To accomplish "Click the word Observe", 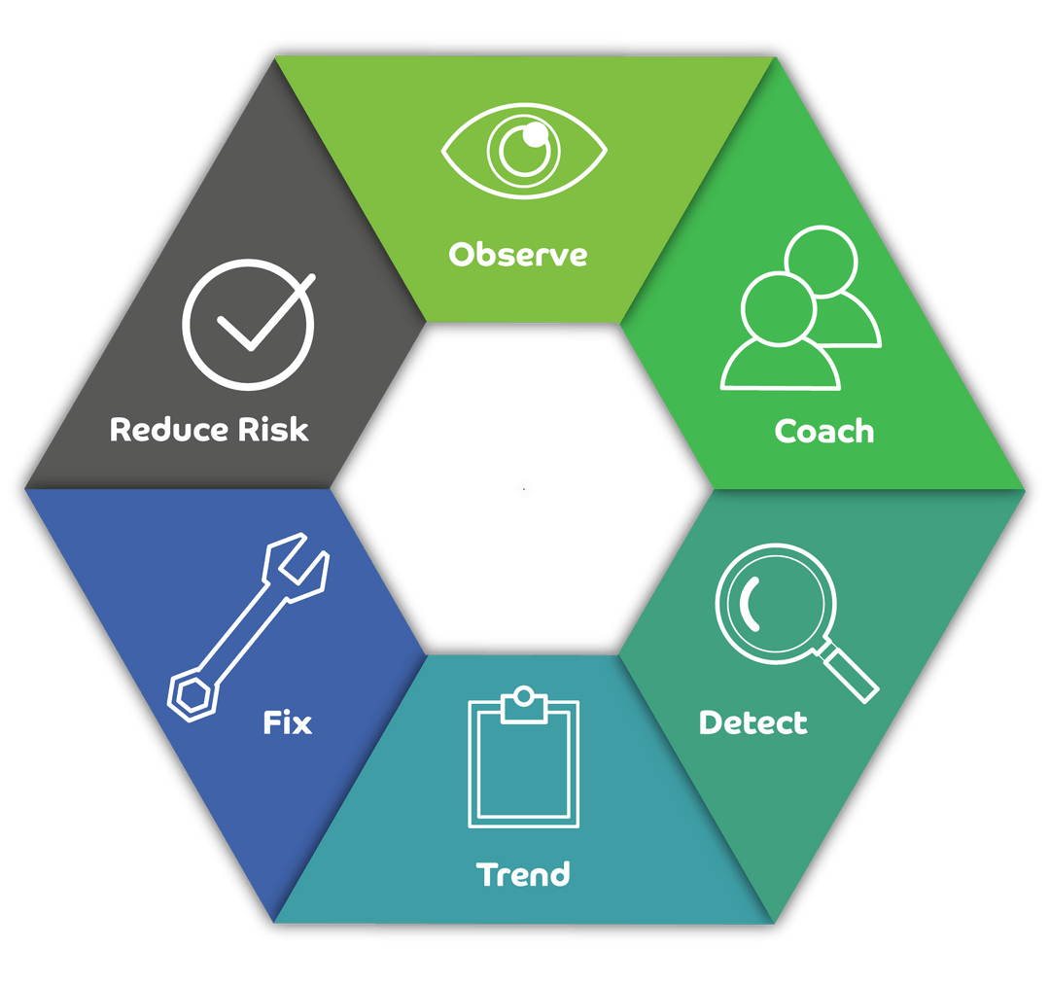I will click(x=517, y=255).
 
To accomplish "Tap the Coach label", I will click(x=823, y=431).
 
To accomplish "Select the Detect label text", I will click(x=752, y=723).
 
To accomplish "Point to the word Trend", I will click(x=523, y=874).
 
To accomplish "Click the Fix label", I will click(x=288, y=723).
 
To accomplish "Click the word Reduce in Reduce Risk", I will click(x=167, y=429).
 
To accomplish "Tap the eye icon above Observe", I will click(x=524, y=152).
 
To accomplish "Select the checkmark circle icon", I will click(x=248, y=324).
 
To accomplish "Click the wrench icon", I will click(x=249, y=633).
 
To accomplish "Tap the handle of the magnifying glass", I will click(x=849, y=673).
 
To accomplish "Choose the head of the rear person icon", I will click(x=822, y=260).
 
